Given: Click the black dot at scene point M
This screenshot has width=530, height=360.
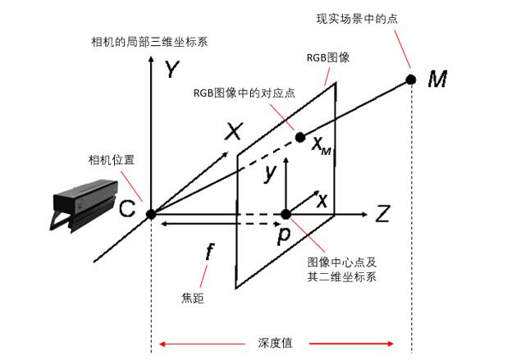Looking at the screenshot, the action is click(x=410, y=80).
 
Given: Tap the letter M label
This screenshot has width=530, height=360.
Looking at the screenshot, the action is click(x=438, y=80).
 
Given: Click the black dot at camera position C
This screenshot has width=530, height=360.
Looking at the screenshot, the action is click(x=151, y=214).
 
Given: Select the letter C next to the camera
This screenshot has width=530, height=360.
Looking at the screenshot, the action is click(x=126, y=211).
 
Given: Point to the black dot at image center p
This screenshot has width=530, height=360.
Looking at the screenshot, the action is click(x=286, y=214).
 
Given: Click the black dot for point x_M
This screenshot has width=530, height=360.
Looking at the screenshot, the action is click(x=300, y=137).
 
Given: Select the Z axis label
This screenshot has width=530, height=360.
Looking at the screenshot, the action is click(x=382, y=215).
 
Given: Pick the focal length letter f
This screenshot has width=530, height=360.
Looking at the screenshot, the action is click(x=210, y=253).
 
